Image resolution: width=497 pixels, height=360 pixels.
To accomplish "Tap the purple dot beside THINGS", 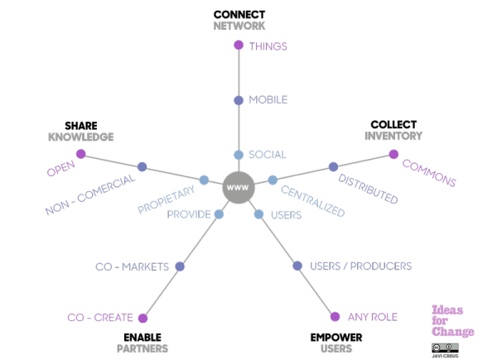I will point(239,46).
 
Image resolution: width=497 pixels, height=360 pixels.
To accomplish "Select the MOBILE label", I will point(268,100).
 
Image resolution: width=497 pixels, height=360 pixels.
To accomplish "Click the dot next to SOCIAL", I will point(239,155).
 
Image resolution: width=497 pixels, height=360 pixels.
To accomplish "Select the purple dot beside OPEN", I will point(80,154).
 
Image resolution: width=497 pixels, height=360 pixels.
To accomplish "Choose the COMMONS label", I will point(429,170).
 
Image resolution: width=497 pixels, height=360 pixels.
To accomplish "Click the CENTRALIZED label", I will point(312,199).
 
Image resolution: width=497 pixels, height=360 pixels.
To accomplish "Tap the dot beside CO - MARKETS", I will point(180,266).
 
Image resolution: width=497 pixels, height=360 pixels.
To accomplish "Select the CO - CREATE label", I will point(101,318).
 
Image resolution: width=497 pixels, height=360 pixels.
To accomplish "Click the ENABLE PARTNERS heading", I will point(142,343).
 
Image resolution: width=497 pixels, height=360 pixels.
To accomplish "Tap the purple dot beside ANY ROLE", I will point(335,317).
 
